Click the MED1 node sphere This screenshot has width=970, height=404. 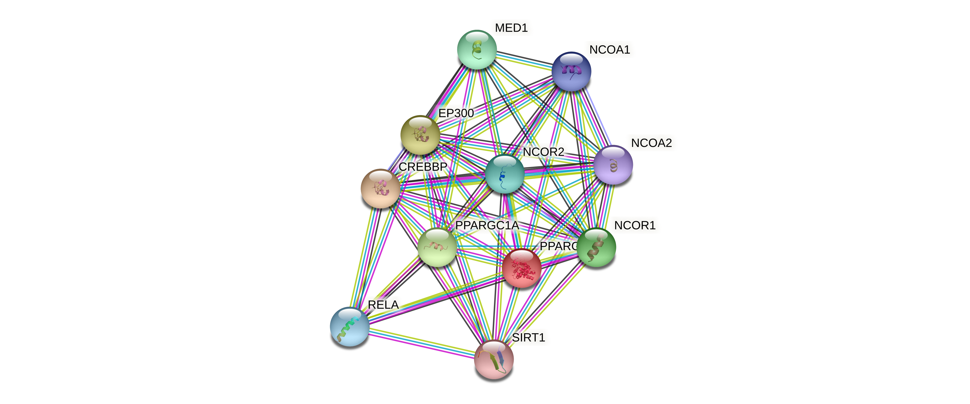477,50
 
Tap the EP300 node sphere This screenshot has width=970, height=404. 420,135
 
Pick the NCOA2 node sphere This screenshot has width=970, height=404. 613,165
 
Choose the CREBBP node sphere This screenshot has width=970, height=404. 380,188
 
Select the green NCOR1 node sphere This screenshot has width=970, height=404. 596,247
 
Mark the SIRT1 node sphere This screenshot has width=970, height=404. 494,359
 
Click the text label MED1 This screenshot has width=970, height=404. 511,28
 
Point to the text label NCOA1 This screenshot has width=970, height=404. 609,50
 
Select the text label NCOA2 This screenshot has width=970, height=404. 651,143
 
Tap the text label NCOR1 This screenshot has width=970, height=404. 634,225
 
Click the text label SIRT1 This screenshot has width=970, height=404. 528,337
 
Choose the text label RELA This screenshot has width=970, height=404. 383,305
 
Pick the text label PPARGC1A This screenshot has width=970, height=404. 487,225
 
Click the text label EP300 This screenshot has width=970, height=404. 456,113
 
